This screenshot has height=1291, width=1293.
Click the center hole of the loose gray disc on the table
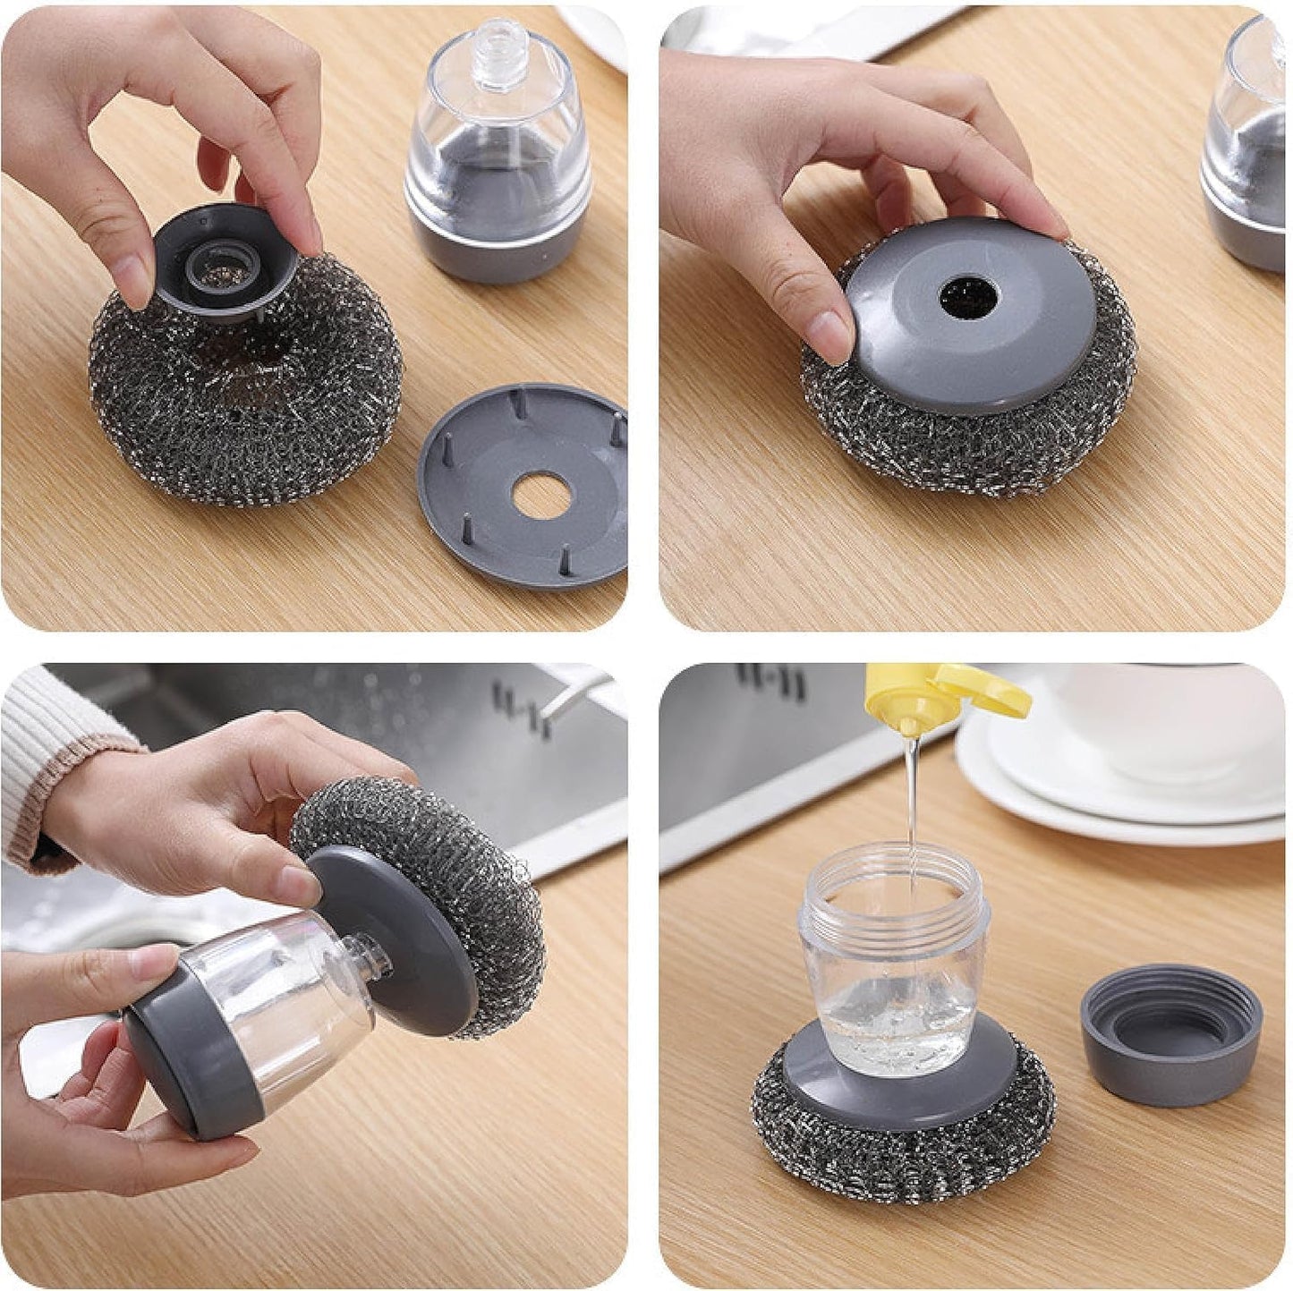pyautogui.click(x=534, y=496)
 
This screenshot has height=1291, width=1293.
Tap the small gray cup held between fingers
pyautogui.click(x=224, y=268)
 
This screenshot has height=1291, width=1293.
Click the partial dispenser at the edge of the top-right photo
pyautogui.click(x=1248, y=152)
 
